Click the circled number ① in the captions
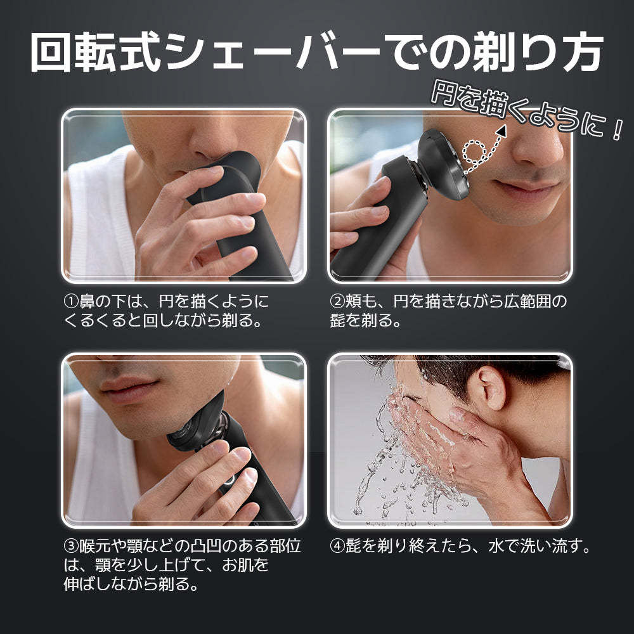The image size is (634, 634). point(71,302)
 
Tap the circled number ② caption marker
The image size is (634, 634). point(337,302)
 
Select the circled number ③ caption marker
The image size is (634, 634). point(71,547)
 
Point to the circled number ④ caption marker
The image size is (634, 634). point(337,547)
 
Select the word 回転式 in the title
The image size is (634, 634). point(97,53)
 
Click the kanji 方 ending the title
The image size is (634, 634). point(580,53)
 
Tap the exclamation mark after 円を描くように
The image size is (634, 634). point(616,129)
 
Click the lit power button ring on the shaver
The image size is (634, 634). point(229,479)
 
